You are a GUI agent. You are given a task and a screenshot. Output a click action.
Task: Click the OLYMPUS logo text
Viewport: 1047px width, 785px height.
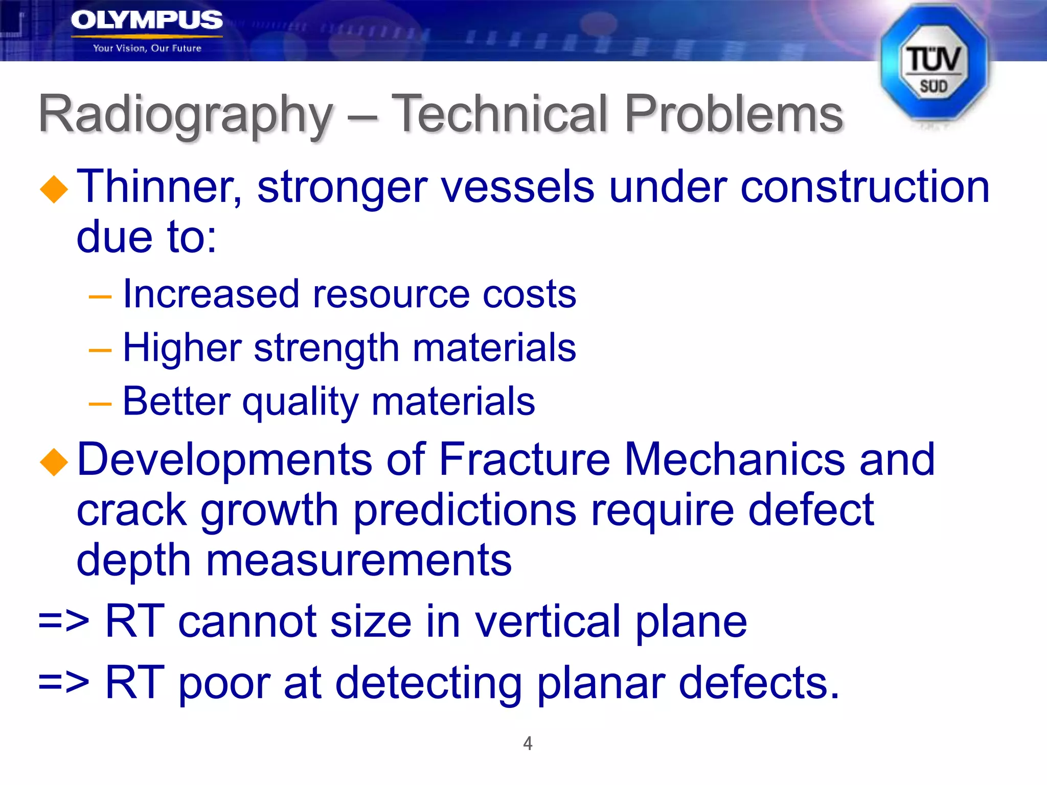click(146, 20)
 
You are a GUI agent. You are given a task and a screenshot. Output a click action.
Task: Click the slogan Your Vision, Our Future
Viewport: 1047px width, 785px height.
click(147, 49)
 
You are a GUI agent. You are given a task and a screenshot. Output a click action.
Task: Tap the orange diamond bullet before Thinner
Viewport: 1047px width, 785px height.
click(54, 190)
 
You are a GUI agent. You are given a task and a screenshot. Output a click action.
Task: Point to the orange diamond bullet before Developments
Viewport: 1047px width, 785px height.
click(54, 462)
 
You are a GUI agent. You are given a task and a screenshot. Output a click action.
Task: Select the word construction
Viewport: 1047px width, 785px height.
click(864, 187)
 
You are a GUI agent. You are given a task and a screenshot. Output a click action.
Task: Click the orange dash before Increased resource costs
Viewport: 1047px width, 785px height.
click(100, 297)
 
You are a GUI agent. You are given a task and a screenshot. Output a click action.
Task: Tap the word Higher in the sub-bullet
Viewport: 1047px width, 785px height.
click(182, 348)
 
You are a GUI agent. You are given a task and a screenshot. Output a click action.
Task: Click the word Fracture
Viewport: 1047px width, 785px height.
click(524, 459)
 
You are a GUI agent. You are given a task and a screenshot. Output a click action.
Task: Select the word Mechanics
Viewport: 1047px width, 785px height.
click(735, 459)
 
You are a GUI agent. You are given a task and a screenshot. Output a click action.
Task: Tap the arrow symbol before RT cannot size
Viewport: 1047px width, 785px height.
click(64, 622)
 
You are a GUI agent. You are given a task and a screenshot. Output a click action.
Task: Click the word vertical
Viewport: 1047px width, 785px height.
click(548, 622)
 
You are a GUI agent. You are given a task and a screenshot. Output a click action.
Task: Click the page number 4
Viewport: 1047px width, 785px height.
click(528, 743)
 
